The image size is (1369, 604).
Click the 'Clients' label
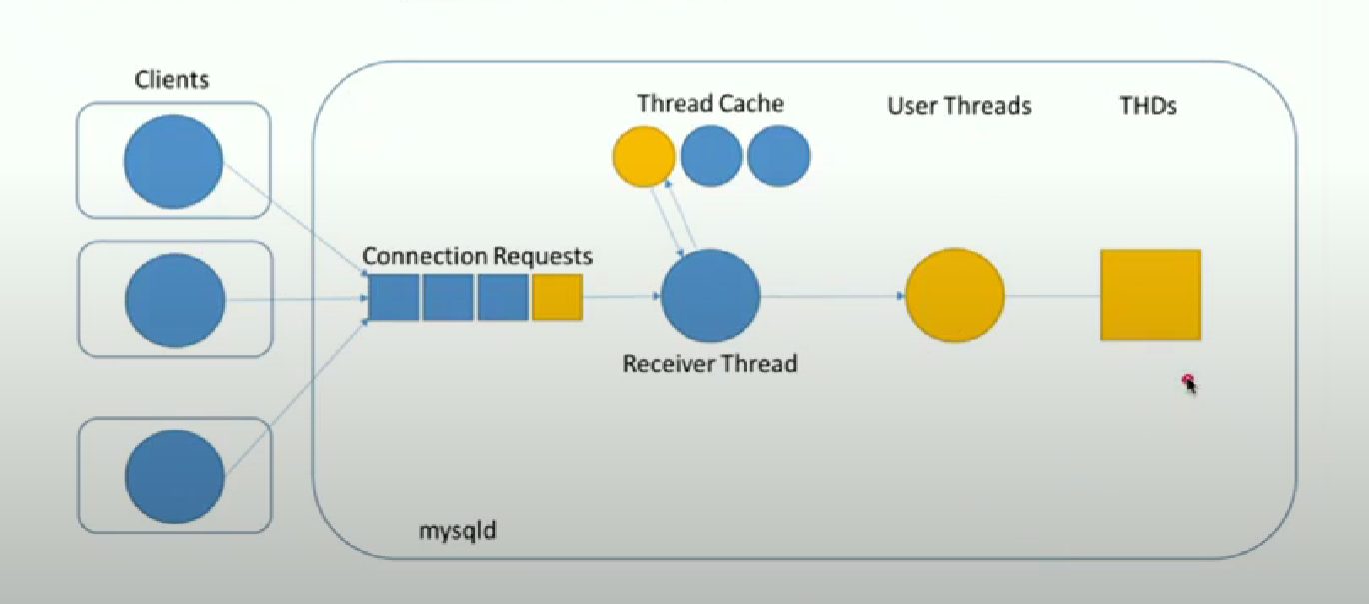click(x=173, y=78)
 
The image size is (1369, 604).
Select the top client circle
click(x=173, y=162)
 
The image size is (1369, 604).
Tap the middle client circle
click(x=175, y=300)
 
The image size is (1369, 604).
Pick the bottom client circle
click(x=175, y=475)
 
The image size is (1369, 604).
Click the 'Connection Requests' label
click(x=477, y=256)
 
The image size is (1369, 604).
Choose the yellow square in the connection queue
click(x=557, y=297)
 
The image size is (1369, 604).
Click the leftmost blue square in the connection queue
click(x=394, y=297)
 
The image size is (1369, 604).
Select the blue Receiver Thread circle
click(x=710, y=297)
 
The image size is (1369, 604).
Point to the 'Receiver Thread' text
click(x=709, y=363)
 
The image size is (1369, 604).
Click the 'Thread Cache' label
click(x=710, y=103)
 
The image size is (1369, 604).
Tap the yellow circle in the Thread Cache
click(x=643, y=158)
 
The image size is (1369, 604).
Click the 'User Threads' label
click(x=959, y=105)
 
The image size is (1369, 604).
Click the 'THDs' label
click(x=1148, y=105)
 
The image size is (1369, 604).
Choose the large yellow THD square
click(x=1150, y=295)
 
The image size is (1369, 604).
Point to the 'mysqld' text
click(x=457, y=529)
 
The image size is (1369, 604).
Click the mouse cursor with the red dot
click(x=1189, y=382)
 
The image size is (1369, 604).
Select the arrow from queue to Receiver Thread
click(x=621, y=297)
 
